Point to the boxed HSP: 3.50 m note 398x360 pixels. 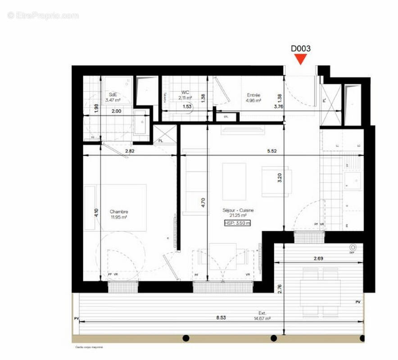[237, 223]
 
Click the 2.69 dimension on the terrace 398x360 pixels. [320, 259]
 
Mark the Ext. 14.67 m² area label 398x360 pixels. [262, 315]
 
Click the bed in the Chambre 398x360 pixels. [119, 207]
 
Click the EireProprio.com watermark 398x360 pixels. [43, 15]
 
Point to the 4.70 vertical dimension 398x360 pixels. [204, 202]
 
